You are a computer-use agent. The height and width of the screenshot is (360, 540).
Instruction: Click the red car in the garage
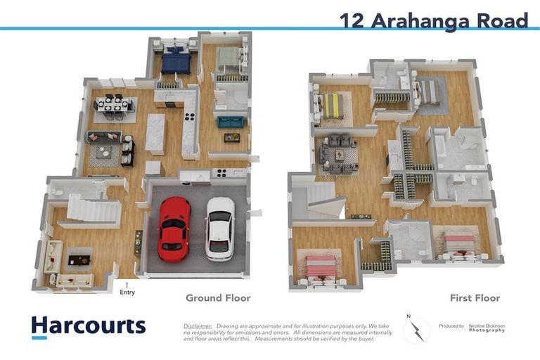(x=174, y=229)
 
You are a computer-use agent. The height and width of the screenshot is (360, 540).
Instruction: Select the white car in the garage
(x=220, y=228)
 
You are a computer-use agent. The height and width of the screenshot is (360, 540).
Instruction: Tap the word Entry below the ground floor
(x=127, y=292)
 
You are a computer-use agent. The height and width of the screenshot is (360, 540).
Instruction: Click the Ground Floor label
(x=217, y=298)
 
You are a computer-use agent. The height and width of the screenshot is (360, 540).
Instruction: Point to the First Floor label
(x=475, y=298)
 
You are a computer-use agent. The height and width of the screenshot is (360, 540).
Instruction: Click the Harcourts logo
(x=88, y=326)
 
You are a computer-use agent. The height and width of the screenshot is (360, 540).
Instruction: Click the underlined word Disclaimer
(x=198, y=326)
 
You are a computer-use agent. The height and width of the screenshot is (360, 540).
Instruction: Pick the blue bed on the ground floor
(x=175, y=62)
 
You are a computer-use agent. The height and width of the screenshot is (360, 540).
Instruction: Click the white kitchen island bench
(x=155, y=134)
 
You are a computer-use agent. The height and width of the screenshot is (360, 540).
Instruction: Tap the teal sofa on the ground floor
(x=231, y=122)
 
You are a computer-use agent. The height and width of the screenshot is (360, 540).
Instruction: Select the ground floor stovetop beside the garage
(x=221, y=172)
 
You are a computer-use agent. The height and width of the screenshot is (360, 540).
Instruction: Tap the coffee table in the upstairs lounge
(x=340, y=154)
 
